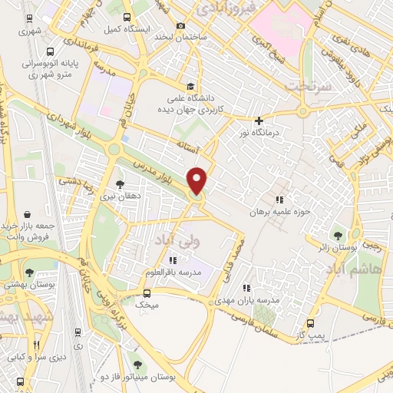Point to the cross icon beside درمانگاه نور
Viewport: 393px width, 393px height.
point(259,121)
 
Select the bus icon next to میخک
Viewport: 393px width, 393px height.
point(148,292)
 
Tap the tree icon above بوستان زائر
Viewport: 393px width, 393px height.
point(336,235)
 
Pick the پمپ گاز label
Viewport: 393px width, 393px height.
point(310,336)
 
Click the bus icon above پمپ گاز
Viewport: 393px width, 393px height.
point(310,324)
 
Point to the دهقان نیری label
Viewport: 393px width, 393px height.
point(119,196)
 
